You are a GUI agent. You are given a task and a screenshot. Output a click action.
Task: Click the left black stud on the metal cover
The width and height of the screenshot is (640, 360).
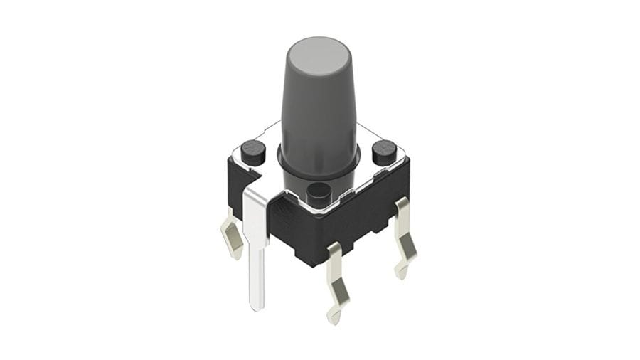tap(252, 150)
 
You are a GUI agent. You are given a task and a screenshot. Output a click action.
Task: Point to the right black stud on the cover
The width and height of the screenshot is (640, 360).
tap(384, 152)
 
